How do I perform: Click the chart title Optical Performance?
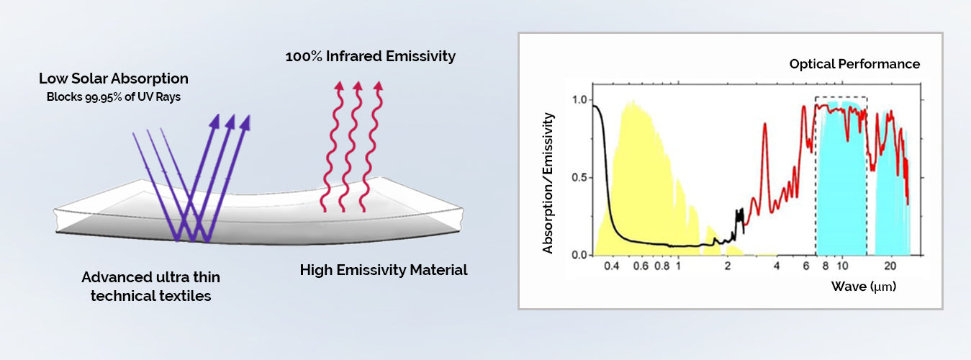[x=854, y=64]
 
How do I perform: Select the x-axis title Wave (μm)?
[x=864, y=287]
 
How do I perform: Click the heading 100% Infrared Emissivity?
[x=371, y=56]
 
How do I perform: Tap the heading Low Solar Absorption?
[x=114, y=78]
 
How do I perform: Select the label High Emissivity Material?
[x=384, y=271]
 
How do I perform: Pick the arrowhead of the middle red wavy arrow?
[x=357, y=88]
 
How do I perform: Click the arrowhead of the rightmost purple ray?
[x=245, y=122]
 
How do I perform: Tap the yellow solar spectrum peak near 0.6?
[x=631, y=104]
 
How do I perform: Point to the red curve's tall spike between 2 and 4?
[x=764, y=125]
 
